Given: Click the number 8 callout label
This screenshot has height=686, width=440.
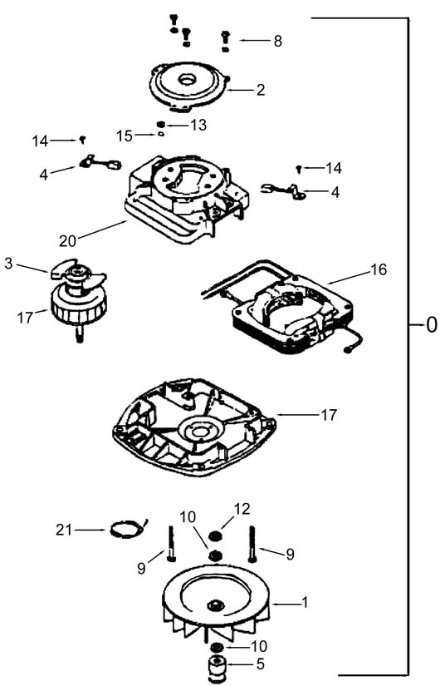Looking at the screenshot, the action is click(x=278, y=41).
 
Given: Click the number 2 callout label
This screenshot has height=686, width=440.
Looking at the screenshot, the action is click(x=261, y=90).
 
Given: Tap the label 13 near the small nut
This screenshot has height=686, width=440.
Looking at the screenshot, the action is click(x=198, y=125).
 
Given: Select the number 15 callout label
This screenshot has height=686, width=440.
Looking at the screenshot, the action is click(x=125, y=136).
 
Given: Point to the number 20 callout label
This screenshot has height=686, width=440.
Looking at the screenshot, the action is click(x=68, y=240).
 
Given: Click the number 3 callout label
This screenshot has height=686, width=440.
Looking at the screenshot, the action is click(x=9, y=264).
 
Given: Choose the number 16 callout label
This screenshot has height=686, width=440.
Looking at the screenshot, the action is click(x=379, y=270).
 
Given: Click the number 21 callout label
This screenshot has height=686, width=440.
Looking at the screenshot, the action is click(x=64, y=531).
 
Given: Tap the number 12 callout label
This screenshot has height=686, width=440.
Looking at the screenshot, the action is click(x=242, y=509).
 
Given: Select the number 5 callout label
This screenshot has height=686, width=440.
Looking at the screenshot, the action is click(x=261, y=664).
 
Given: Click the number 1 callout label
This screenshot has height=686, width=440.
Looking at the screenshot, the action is click(x=305, y=603).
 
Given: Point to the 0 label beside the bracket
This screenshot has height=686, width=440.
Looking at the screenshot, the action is click(x=431, y=325).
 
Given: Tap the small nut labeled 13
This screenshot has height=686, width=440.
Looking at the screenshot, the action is click(x=161, y=125).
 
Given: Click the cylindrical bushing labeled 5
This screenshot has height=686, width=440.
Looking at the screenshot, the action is click(x=215, y=668).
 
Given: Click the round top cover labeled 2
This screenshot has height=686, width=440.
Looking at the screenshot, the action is click(x=188, y=86).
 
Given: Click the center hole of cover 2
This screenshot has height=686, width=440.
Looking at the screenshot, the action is click(x=188, y=80).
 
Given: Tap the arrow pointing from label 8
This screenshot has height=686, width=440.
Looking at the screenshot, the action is click(x=254, y=41).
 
